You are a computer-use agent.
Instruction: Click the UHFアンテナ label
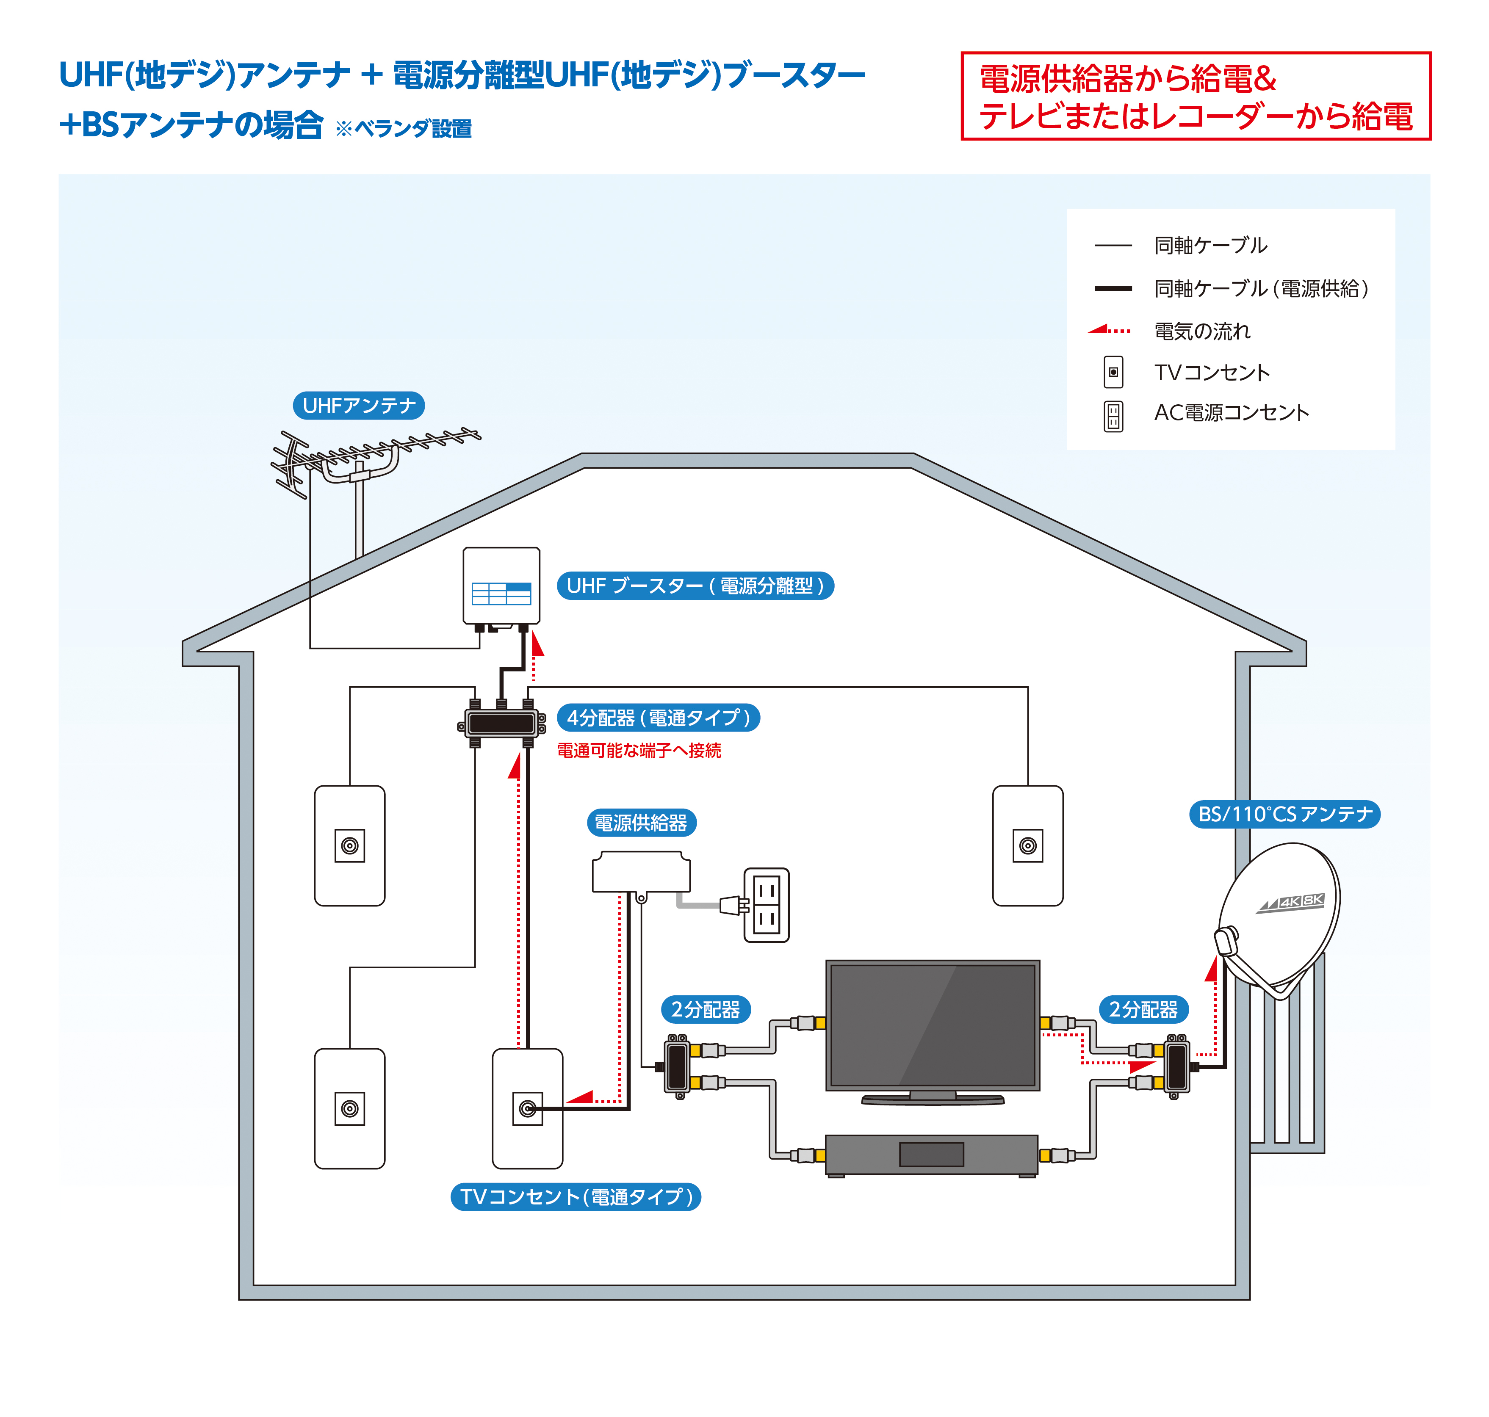(358, 406)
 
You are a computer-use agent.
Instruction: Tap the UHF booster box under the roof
(501, 586)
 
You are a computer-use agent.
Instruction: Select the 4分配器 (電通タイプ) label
(658, 718)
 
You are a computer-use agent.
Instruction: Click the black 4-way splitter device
(501, 724)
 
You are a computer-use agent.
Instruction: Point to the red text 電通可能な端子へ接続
(638, 751)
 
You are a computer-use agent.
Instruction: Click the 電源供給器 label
(641, 823)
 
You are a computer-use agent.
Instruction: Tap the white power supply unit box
(641, 873)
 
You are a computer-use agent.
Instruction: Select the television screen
(932, 1025)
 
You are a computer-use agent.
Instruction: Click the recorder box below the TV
(932, 1154)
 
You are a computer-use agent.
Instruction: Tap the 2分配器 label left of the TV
(706, 1009)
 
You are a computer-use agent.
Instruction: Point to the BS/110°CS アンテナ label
(1284, 814)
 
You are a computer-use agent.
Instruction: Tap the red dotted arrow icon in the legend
(1109, 330)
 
